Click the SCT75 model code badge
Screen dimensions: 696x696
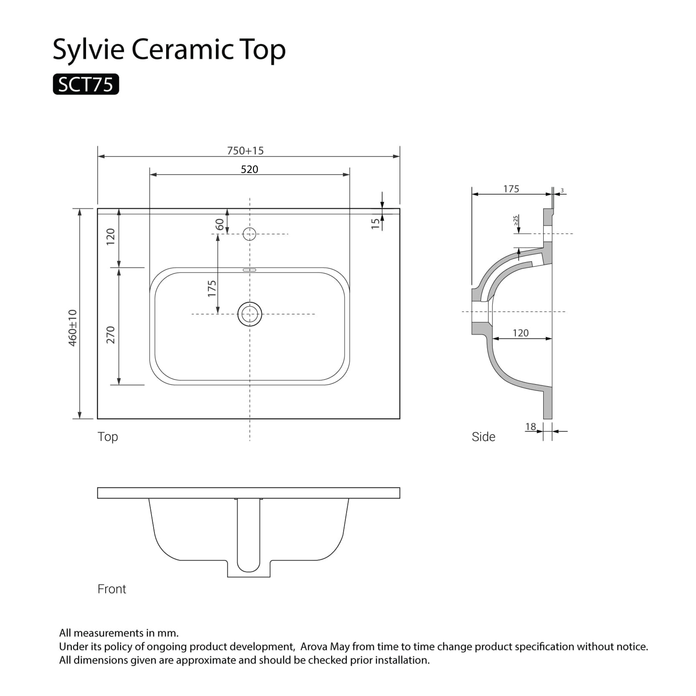pyautogui.click(x=86, y=84)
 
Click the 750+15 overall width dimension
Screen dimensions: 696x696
pyautogui.click(x=245, y=151)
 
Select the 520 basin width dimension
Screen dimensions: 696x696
pyautogui.click(x=249, y=169)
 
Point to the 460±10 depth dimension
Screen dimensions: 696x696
pyautogui.click(x=73, y=328)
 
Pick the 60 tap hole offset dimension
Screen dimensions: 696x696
pyautogui.click(x=219, y=224)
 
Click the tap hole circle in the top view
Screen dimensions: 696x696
pyautogui.click(x=249, y=234)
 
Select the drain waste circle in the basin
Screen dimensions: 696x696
pyautogui.click(x=249, y=314)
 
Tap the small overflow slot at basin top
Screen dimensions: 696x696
pyautogui.click(x=249, y=270)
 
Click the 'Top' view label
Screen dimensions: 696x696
pyautogui.click(x=108, y=437)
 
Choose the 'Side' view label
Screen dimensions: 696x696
pyautogui.click(x=483, y=437)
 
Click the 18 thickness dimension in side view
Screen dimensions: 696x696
pyautogui.click(x=530, y=427)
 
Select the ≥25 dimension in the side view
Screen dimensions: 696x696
pyautogui.click(x=516, y=220)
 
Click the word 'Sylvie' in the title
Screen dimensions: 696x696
pyautogui.click(x=89, y=50)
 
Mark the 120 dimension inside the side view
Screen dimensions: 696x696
pyautogui.click(x=521, y=333)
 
